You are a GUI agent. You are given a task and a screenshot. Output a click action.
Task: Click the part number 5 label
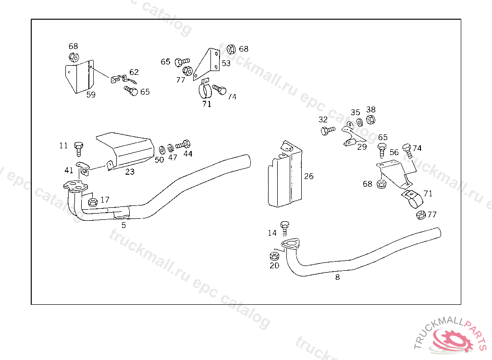123,225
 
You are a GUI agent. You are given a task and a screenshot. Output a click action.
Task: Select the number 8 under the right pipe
337,277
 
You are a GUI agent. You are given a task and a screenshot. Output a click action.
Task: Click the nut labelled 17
93,201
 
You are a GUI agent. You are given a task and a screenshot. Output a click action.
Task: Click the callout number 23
130,171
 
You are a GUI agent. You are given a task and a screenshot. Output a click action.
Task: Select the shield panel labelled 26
285,175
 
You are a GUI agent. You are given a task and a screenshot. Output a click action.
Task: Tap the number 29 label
362,147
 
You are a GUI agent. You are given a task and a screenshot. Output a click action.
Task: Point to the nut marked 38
370,120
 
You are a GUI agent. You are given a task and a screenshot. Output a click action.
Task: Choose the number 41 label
69,170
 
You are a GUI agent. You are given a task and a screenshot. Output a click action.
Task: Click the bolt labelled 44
184,144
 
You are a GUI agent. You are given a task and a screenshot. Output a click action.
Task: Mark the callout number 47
172,157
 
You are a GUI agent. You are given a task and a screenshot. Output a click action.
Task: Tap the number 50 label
160,159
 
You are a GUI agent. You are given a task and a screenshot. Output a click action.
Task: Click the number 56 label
394,153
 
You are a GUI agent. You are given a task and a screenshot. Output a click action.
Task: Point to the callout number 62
134,72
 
